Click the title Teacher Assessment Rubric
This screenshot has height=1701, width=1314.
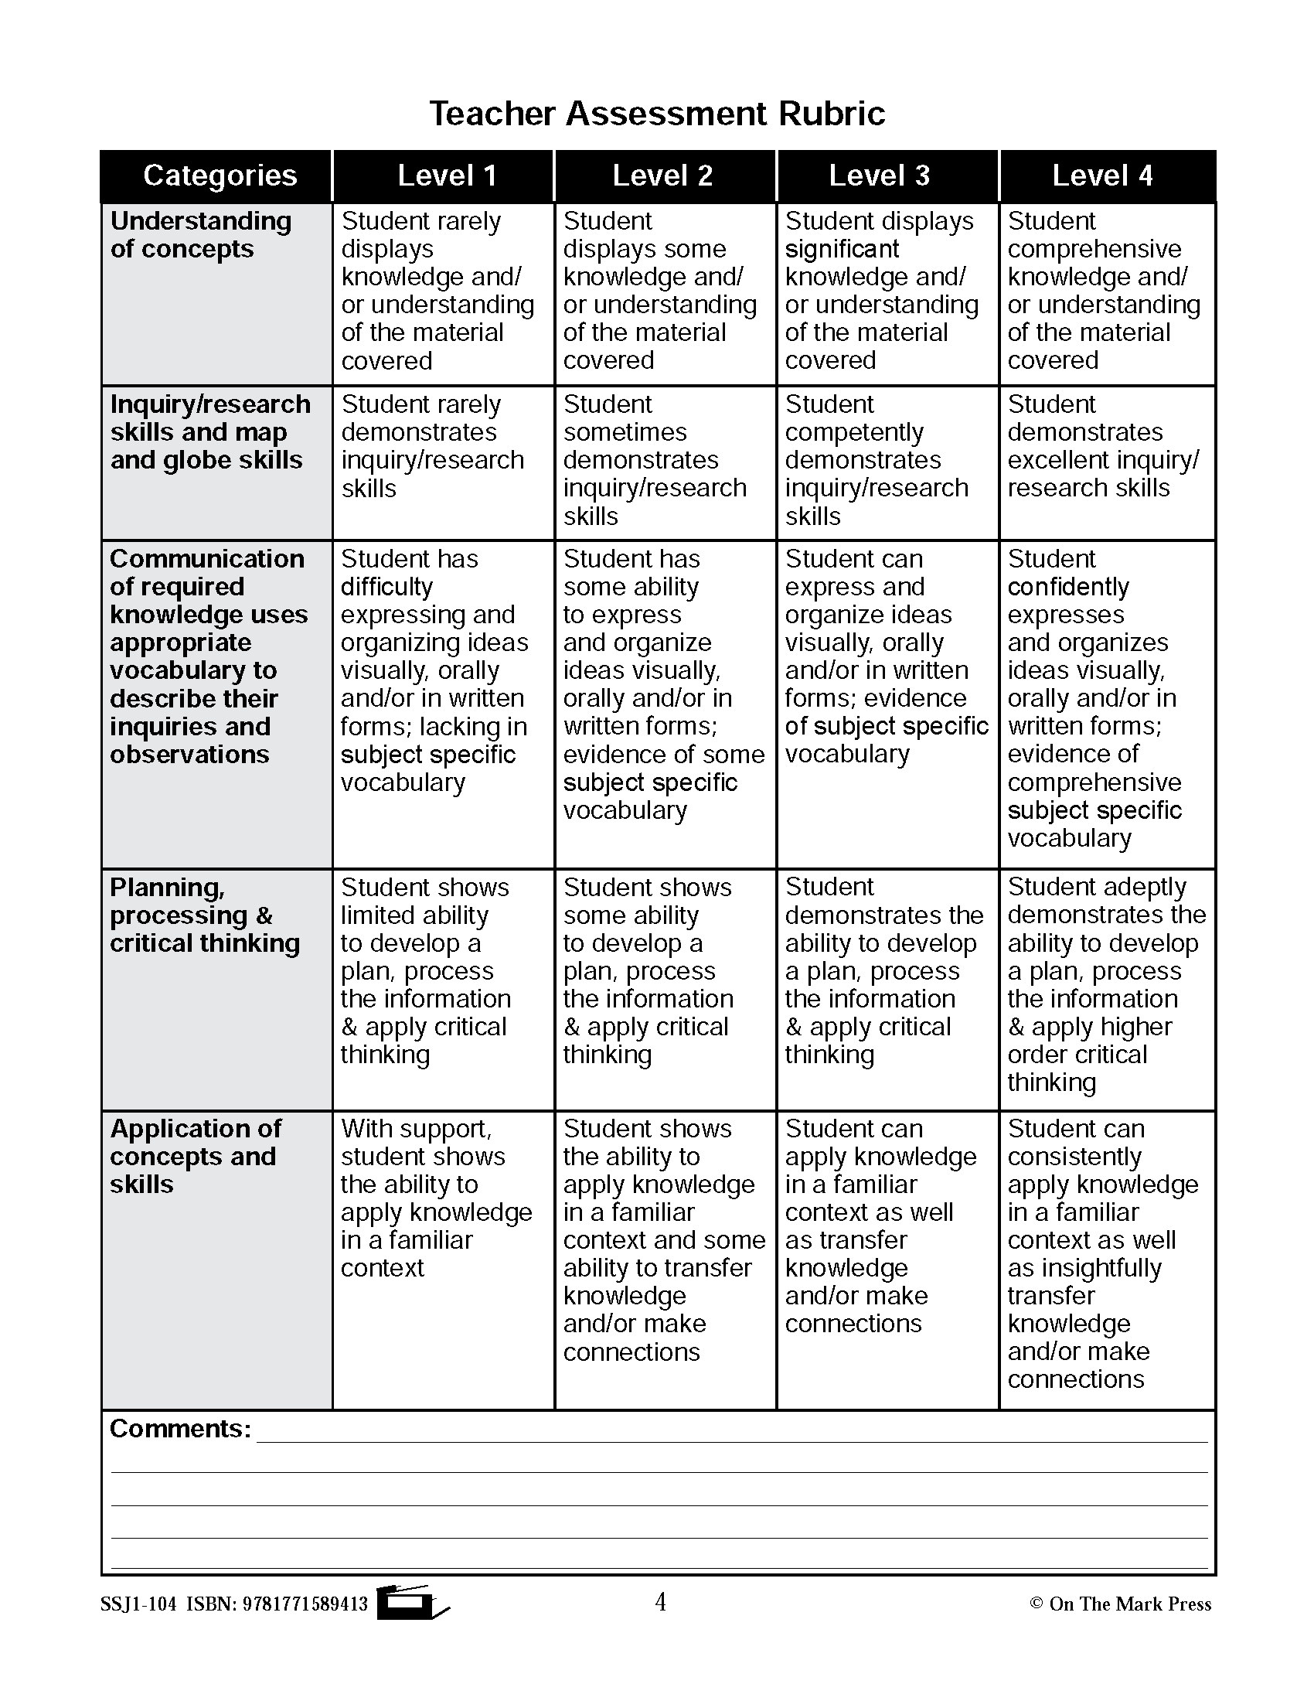pos(657,114)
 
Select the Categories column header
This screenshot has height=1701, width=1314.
pos(220,176)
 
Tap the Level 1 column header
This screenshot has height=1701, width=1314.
pos(447,176)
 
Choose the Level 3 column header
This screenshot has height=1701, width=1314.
pos(879,176)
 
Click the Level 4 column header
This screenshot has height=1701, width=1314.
pos(1101,176)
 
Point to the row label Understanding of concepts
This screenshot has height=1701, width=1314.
pos(201,234)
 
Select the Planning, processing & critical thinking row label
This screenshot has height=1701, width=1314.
pos(204,915)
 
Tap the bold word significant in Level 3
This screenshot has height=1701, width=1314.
pos(842,249)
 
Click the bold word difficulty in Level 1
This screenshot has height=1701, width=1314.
pos(386,587)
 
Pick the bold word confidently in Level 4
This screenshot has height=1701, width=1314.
pos(1068,587)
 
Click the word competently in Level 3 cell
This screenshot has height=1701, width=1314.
pos(854,432)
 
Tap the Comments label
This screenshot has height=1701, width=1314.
pos(180,1428)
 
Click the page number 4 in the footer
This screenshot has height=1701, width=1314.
pos(660,1602)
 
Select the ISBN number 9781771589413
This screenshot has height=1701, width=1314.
pos(305,1604)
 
